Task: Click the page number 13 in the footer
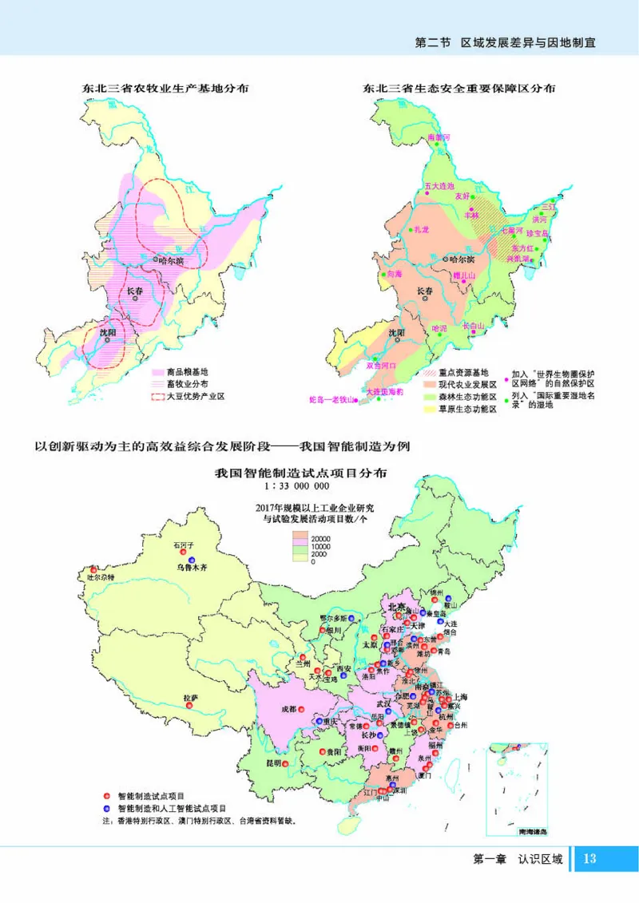click(x=590, y=859)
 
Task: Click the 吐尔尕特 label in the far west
click(x=101, y=576)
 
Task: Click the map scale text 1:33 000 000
click(x=301, y=485)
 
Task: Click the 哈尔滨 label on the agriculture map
click(x=171, y=260)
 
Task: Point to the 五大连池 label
click(x=439, y=185)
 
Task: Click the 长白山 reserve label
click(x=474, y=326)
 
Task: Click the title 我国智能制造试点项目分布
click(x=301, y=471)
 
